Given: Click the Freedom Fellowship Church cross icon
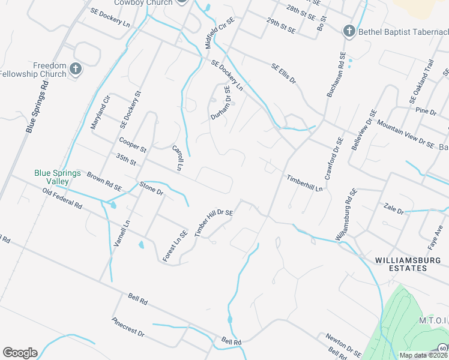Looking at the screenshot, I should click(75, 69).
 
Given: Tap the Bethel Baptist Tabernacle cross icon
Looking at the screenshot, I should click(349, 31).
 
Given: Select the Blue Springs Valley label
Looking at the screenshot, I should click(58, 177).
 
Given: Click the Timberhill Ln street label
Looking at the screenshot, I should click(304, 182).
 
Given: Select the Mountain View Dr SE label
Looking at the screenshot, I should click(405, 135).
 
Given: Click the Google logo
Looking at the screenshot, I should click(20, 353).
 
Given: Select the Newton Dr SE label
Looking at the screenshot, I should click(344, 344).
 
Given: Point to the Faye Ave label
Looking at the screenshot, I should click(439, 231).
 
